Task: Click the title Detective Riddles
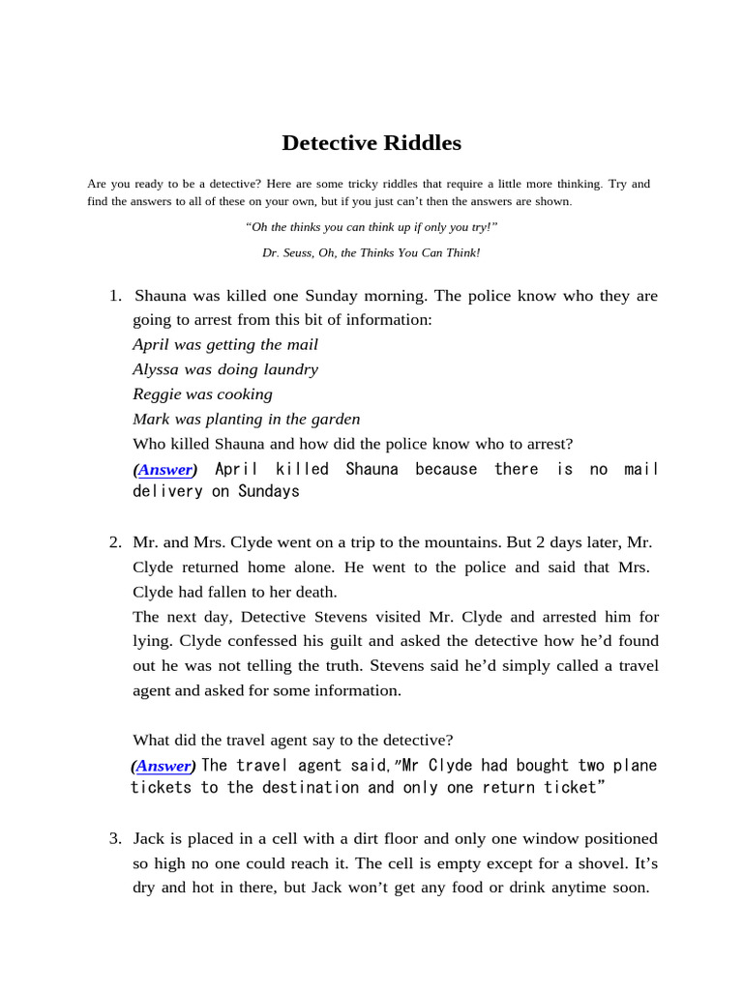[x=371, y=143]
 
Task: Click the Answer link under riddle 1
[x=164, y=470]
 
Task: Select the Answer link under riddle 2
[x=163, y=766]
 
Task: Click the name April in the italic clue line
[x=150, y=345]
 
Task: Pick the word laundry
[x=288, y=369]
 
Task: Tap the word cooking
[x=244, y=394]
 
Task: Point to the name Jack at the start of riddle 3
[x=150, y=838]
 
